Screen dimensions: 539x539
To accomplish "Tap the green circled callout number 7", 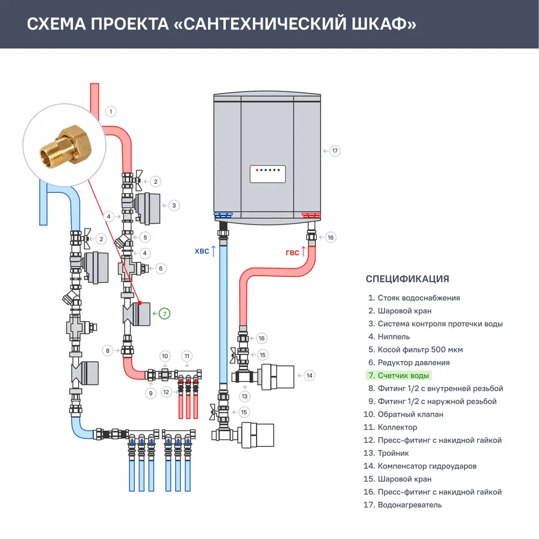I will [164, 313].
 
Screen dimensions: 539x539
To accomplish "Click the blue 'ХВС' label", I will [202, 251].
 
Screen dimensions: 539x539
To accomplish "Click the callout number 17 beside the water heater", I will [335, 151].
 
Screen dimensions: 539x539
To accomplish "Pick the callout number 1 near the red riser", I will [110, 112].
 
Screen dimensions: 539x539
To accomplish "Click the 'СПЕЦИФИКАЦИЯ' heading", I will [407, 279].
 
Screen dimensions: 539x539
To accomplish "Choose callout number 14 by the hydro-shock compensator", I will [309, 375].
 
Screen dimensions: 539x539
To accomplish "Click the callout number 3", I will [174, 205].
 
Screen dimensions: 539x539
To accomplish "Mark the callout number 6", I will [160, 268].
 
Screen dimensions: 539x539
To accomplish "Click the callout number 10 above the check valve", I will [165, 356].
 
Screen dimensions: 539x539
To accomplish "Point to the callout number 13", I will [245, 397].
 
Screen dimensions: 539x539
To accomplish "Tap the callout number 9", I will [151, 393].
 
